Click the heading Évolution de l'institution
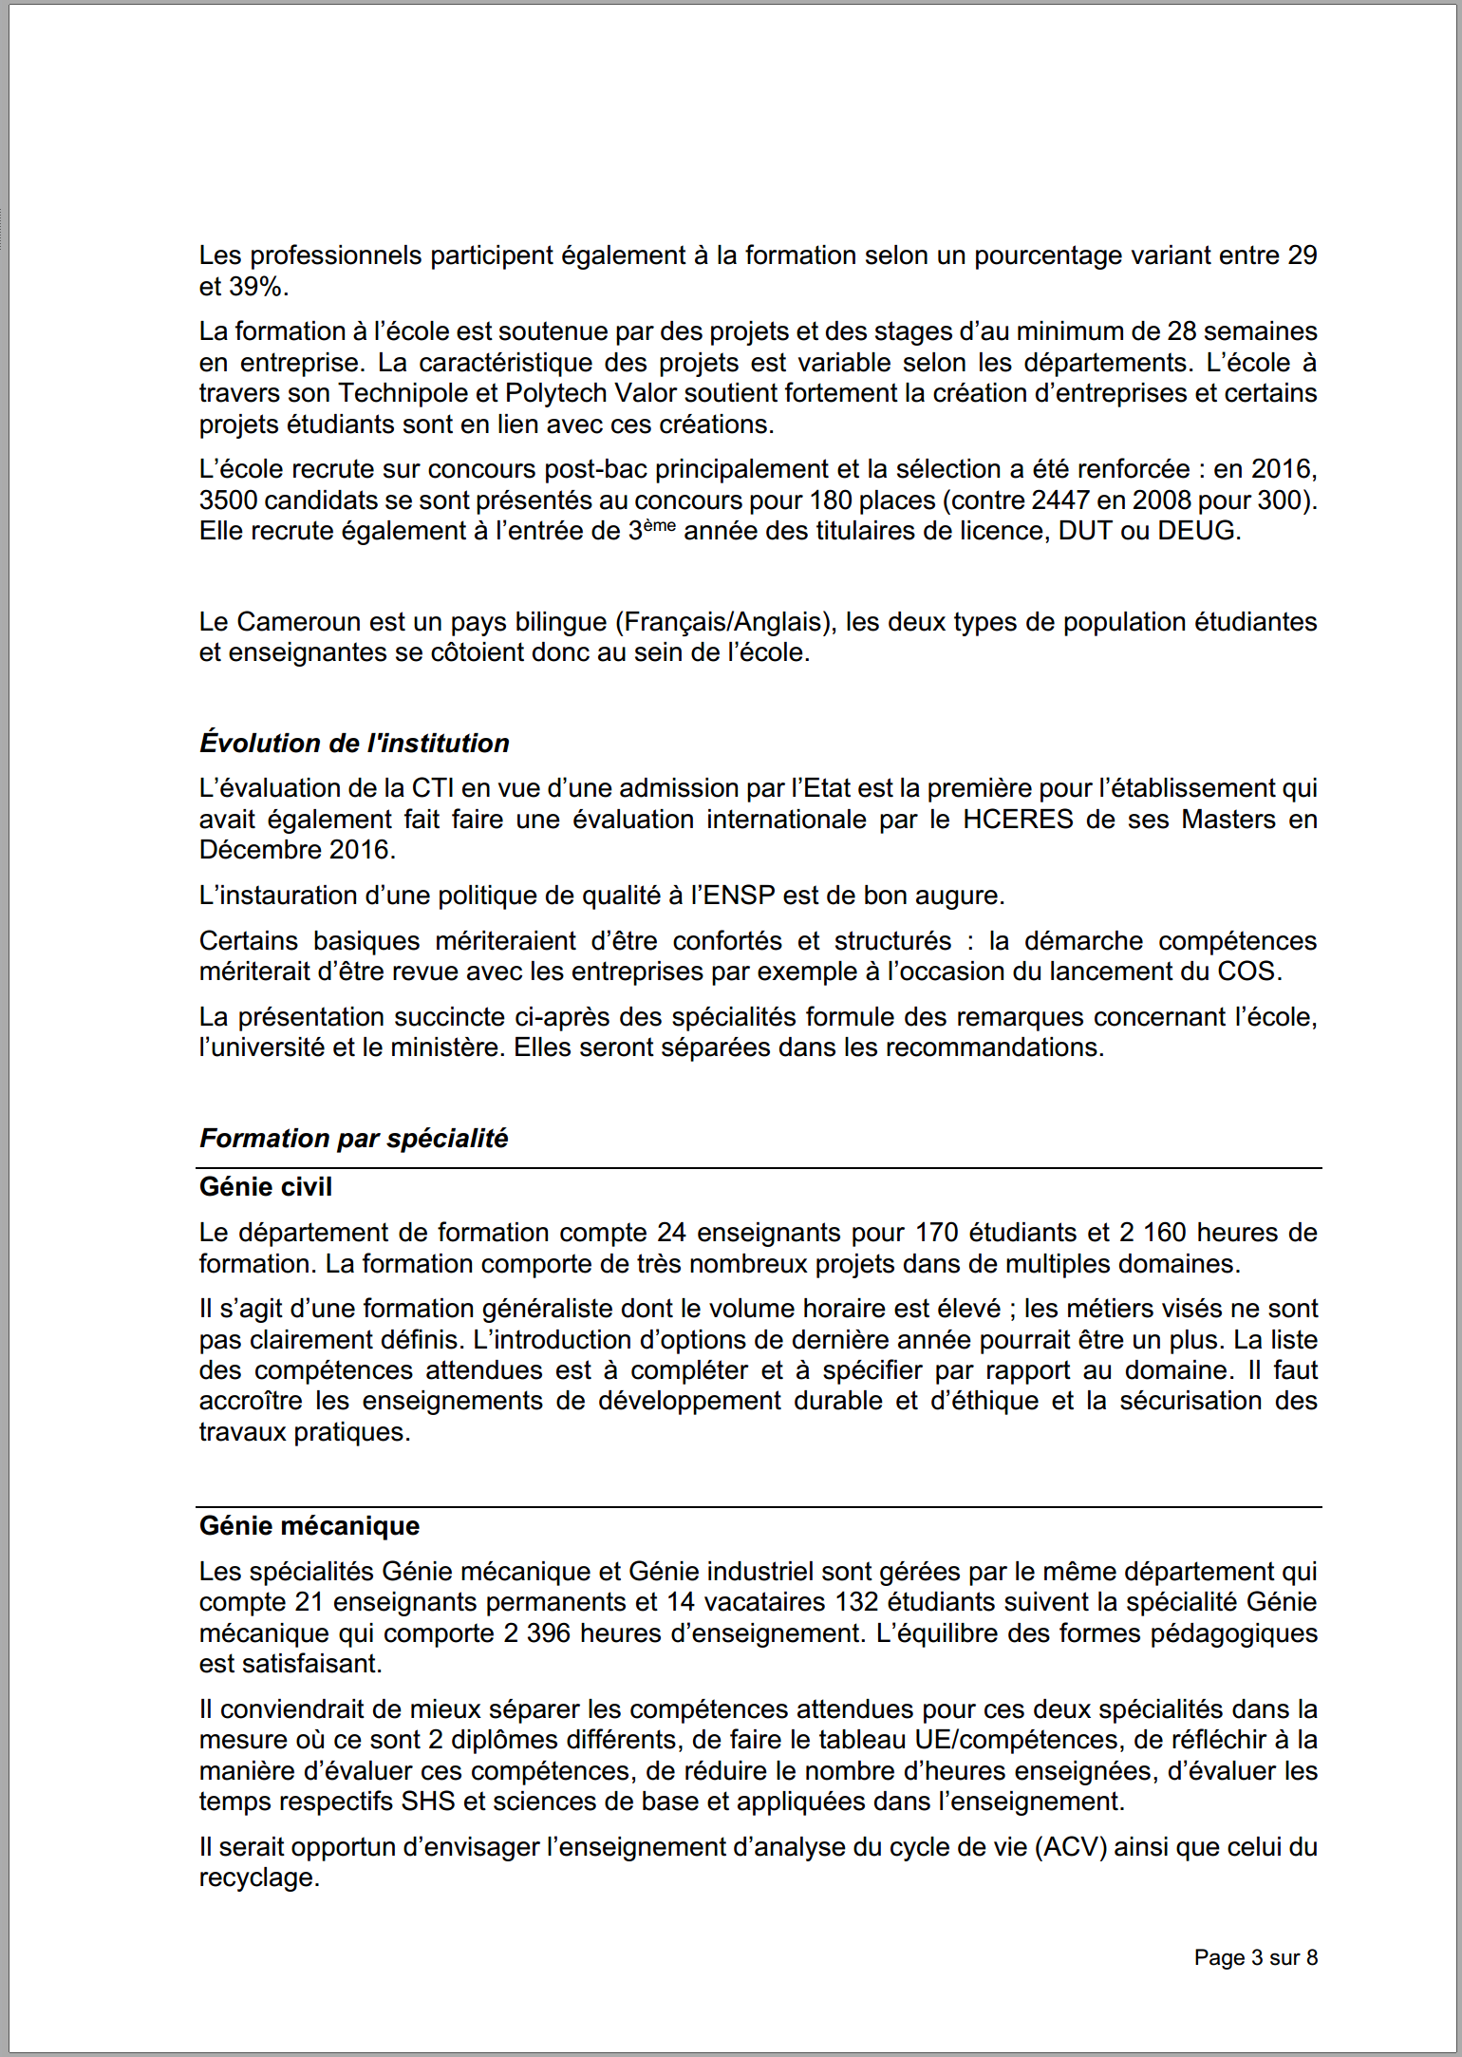354,743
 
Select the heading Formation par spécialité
353,1138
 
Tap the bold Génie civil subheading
266,1186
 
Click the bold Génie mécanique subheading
309,1525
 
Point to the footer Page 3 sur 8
1255,1957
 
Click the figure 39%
258,286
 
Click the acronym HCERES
1018,819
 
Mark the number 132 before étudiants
857,1602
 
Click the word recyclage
258,1878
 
